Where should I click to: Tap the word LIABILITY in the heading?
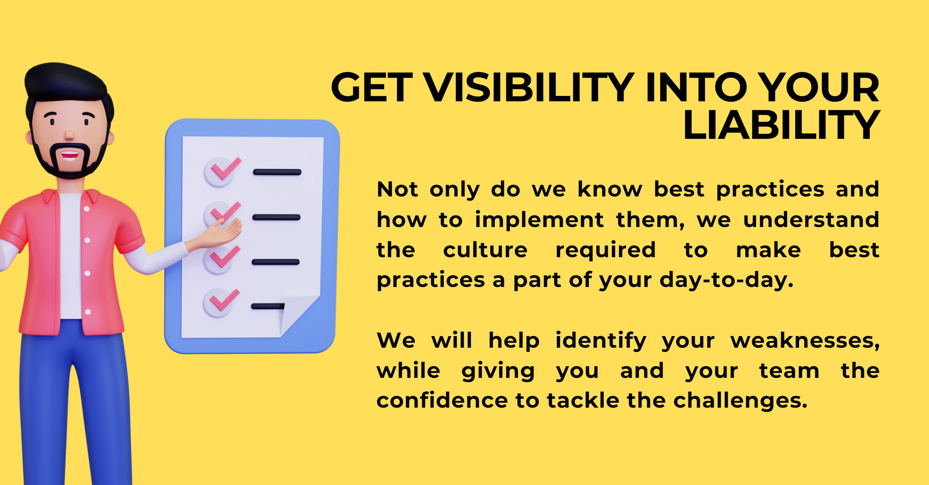(x=782, y=125)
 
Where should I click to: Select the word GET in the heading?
(x=372, y=87)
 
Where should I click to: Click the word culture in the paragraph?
(x=485, y=250)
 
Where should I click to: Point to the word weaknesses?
(x=805, y=341)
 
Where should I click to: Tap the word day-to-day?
(x=726, y=280)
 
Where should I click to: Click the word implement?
(x=539, y=220)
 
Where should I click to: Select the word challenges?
(x=740, y=401)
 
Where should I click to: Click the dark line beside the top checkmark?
(x=277, y=172)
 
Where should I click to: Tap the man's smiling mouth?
(x=70, y=155)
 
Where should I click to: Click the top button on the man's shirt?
(x=86, y=209)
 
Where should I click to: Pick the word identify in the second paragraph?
(x=601, y=341)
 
